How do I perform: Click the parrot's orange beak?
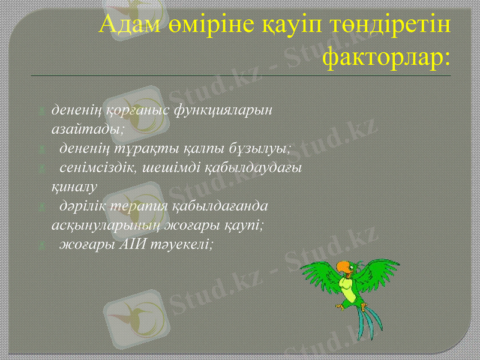click(x=341, y=266)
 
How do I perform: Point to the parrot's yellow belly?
click(x=346, y=285)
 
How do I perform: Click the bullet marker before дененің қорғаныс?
click(x=41, y=111)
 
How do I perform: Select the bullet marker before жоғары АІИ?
click(x=41, y=245)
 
